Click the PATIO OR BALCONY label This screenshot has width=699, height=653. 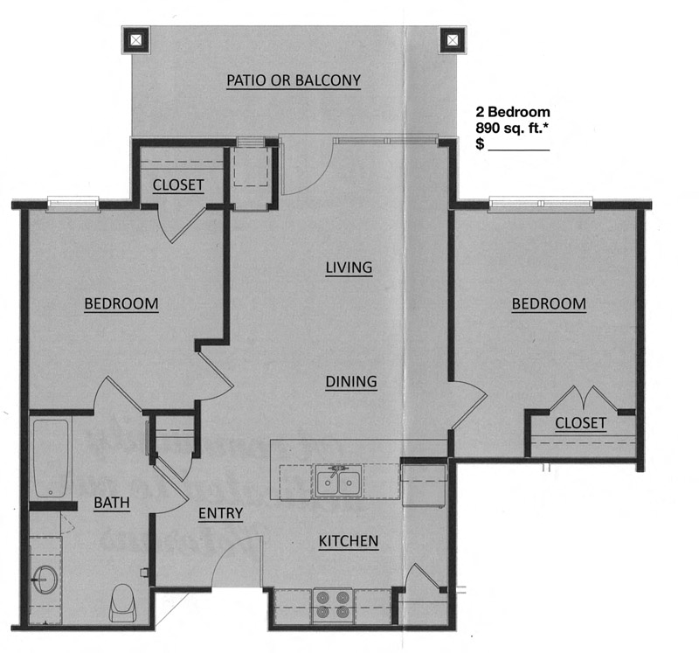point(294,80)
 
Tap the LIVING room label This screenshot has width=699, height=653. point(349,267)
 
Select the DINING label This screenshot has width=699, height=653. point(350,382)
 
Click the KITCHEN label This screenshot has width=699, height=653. point(348,542)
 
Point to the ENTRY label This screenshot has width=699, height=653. point(220,513)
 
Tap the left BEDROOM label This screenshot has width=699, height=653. point(121,304)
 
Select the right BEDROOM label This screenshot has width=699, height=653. point(549,304)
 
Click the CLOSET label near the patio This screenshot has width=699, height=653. point(178,185)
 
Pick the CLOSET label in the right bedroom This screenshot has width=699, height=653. point(580,423)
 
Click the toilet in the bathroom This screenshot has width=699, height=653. point(122,602)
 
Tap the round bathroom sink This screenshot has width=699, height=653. point(45,578)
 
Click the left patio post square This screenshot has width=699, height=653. point(138,39)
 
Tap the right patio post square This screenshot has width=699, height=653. point(452,39)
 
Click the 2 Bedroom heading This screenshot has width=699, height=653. point(512,112)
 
